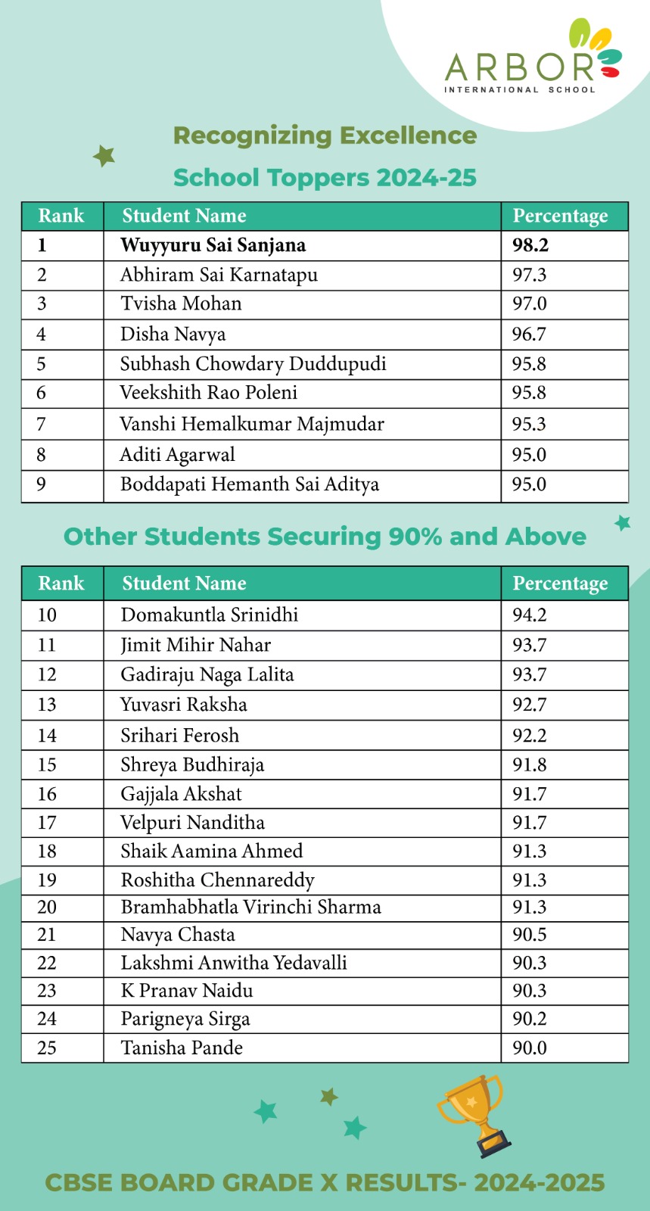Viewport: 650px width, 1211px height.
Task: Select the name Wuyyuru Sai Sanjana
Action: coord(213,246)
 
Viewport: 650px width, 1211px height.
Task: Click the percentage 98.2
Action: coord(530,246)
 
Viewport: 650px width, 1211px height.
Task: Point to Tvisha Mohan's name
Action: coord(181,304)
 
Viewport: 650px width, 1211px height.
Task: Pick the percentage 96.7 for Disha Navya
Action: coord(529,335)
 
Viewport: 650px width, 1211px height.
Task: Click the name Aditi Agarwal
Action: coord(178,455)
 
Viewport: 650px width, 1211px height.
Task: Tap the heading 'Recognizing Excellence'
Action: coord(325,136)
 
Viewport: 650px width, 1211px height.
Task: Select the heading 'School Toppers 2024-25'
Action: coord(325,178)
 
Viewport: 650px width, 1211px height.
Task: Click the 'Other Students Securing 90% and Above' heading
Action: coord(325,537)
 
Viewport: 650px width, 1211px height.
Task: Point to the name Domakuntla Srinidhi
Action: coord(210,615)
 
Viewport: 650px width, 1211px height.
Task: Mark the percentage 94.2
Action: coord(529,615)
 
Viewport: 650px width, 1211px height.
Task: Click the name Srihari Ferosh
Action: coord(180,736)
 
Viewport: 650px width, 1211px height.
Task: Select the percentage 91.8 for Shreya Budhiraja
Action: coord(529,765)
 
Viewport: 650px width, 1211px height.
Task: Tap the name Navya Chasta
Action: coord(178,935)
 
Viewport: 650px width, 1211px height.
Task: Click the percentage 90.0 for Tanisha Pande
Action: coord(529,1048)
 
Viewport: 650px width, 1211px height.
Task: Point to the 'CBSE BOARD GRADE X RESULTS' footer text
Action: coord(325,1183)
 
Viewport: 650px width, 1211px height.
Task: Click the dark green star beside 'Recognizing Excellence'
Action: coord(104,156)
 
